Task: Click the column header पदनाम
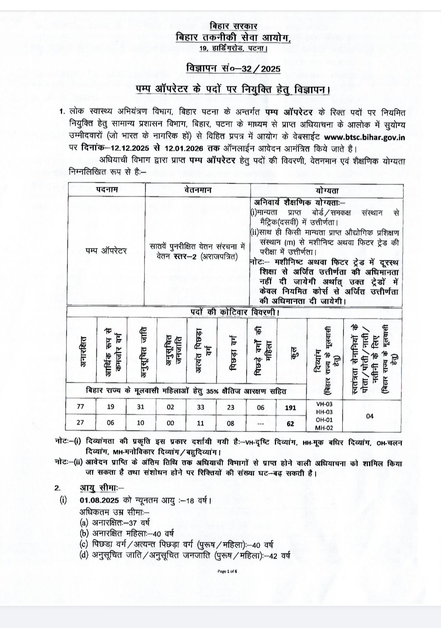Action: (x=107, y=190)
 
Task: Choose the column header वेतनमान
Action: (x=198, y=190)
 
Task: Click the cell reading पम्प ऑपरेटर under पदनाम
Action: (x=107, y=251)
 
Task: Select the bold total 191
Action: (x=291, y=407)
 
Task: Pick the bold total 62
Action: (x=291, y=423)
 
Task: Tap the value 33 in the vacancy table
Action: (x=200, y=407)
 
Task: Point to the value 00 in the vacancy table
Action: (x=170, y=423)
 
